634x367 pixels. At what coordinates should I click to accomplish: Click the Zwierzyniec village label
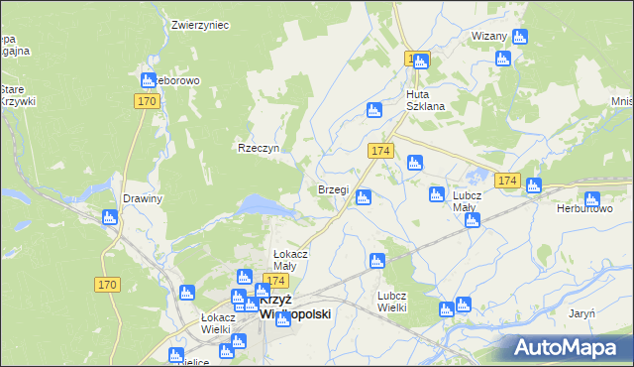click(200, 25)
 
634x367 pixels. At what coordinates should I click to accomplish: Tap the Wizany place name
click(489, 36)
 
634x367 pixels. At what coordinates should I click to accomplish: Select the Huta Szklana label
click(425, 100)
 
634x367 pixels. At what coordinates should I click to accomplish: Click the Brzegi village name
click(333, 189)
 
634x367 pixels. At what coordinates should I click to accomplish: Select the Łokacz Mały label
click(291, 260)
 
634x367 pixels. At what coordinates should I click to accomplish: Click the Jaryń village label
click(581, 312)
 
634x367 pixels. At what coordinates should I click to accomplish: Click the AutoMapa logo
click(566, 347)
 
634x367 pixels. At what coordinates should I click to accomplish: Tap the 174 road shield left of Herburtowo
click(508, 181)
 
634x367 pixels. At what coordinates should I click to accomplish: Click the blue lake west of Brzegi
click(262, 204)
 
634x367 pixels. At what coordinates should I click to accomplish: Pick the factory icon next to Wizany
click(519, 38)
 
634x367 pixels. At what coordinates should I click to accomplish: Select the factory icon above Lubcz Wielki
click(376, 262)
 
